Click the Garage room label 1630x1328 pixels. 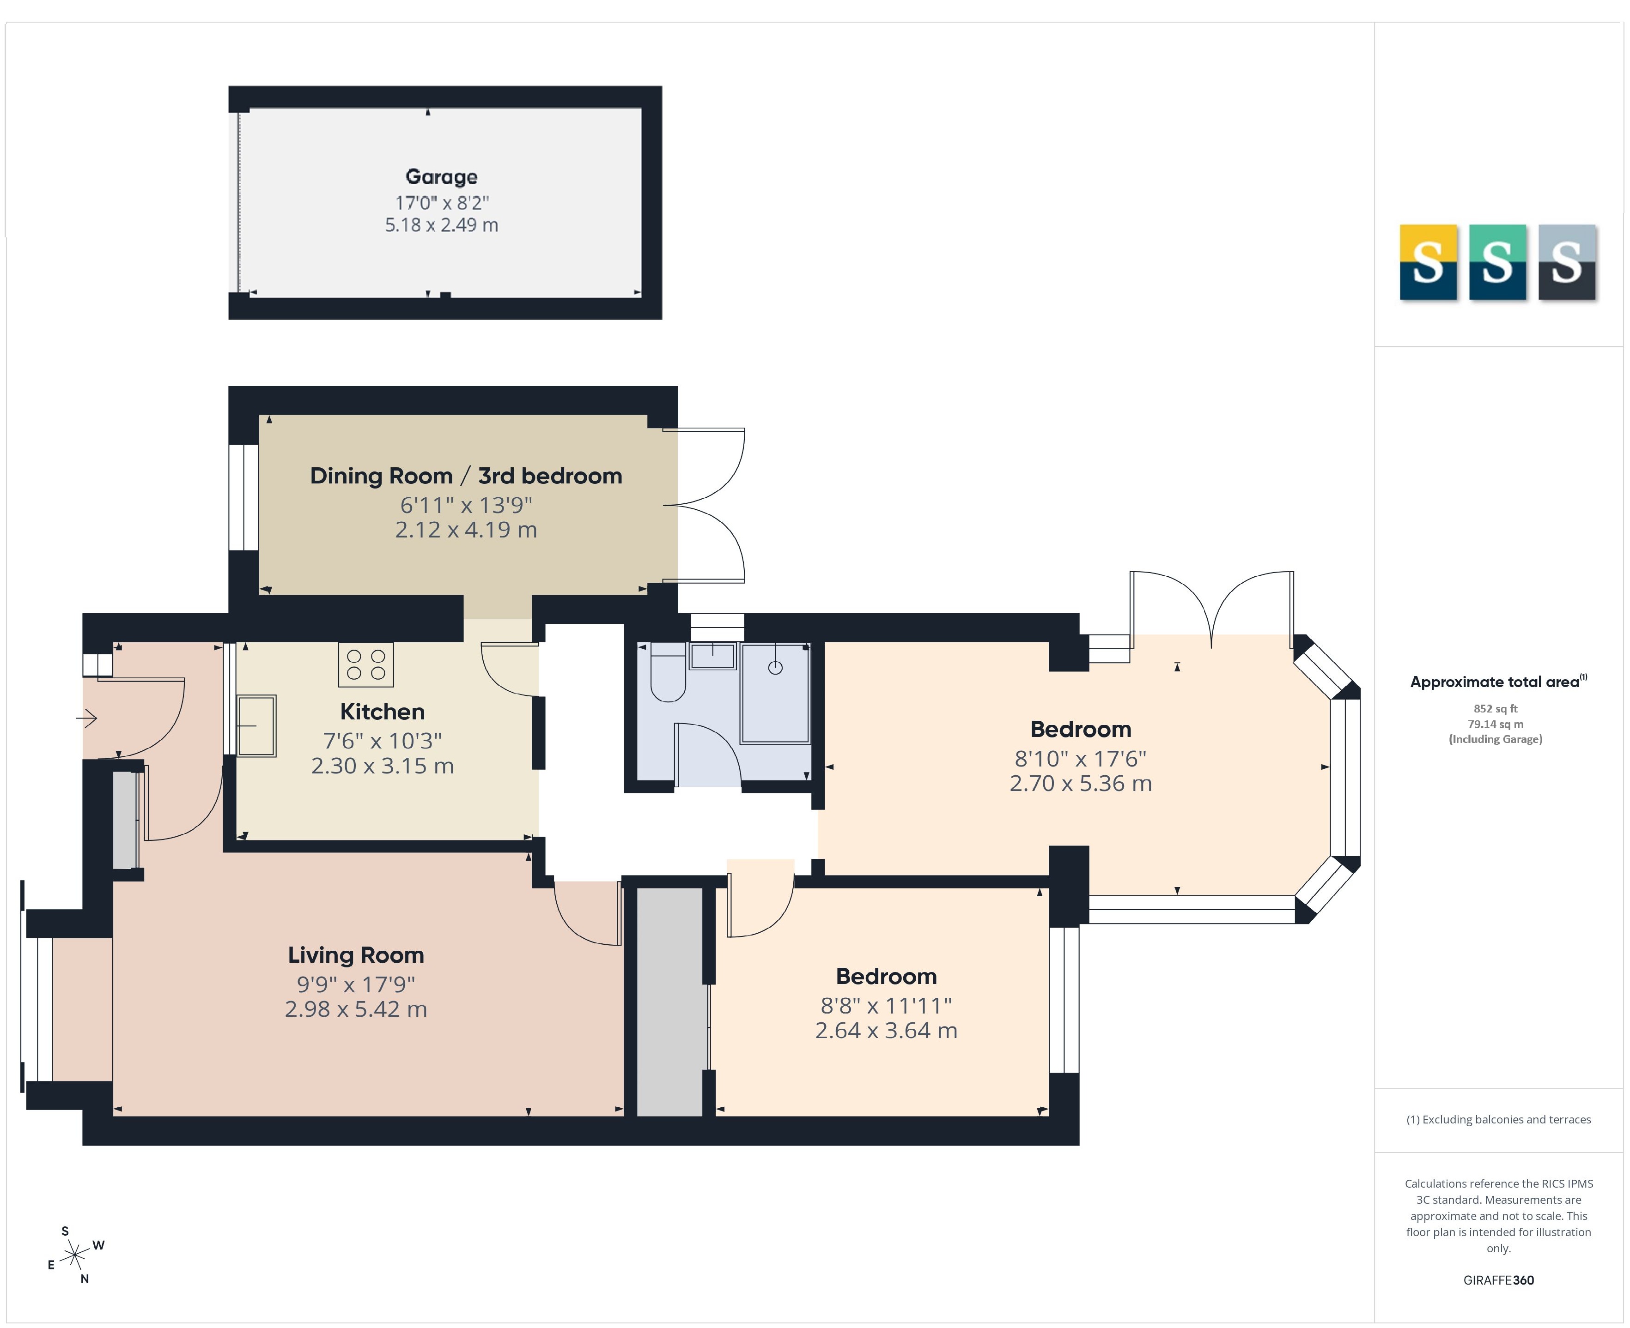pyautogui.click(x=442, y=177)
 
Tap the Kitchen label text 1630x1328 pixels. pyautogui.click(x=382, y=712)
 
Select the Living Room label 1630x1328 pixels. pyautogui.click(x=356, y=955)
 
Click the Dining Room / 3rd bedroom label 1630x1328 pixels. pyautogui.click(x=466, y=476)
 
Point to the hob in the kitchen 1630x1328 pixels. pyautogui.click(x=366, y=664)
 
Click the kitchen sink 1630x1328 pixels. pyautogui.click(x=256, y=725)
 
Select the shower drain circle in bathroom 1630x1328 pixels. pyautogui.click(x=775, y=667)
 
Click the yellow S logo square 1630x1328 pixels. pyautogui.click(x=1428, y=262)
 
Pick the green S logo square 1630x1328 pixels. pyautogui.click(x=1497, y=262)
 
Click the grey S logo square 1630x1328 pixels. pyautogui.click(x=1567, y=262)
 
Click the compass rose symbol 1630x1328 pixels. pyautogui.click(x=75, y=1255)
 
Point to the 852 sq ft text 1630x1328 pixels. pyautogui.click(x=1495, y=708)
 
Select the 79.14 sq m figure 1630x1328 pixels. pyautogui.click(x=1495, y=724)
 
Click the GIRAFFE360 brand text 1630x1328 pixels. pyautogui.click(x=1498, y=1280)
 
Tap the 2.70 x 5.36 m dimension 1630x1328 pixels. pyautogui.click(x=1081, y=783)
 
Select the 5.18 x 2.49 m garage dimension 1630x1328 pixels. pyautogui.click(x=442, y=225)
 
